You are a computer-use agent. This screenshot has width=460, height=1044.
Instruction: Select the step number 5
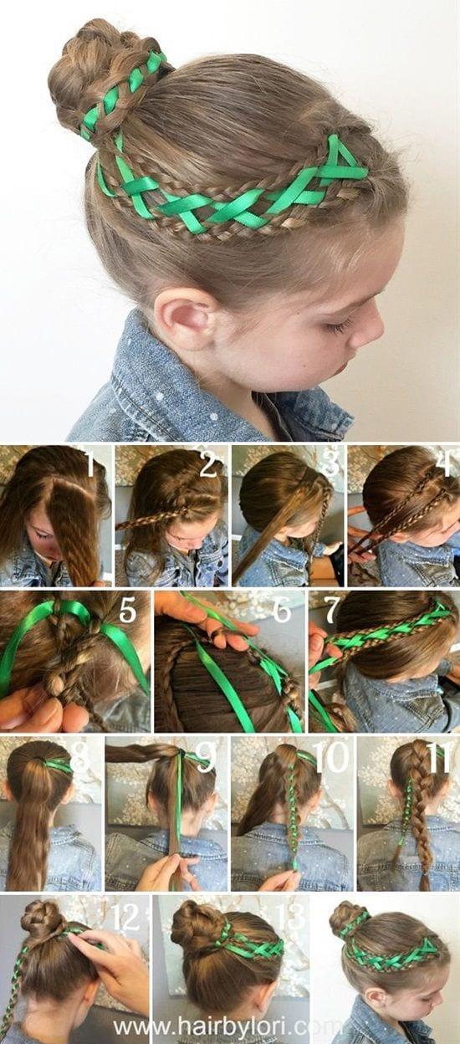(x=129, y=612)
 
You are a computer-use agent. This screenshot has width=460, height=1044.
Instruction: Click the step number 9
(x=205, y=757)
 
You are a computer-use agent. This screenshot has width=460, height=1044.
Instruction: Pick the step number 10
(x=331, y=757)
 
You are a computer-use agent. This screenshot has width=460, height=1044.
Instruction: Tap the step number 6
(x=282, y=612)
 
